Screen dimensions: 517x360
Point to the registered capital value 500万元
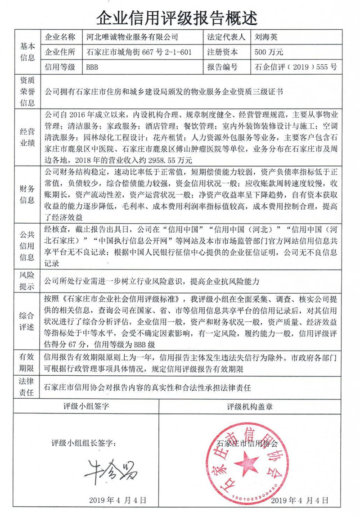(269, 52)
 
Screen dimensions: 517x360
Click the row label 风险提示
(27, 280)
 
